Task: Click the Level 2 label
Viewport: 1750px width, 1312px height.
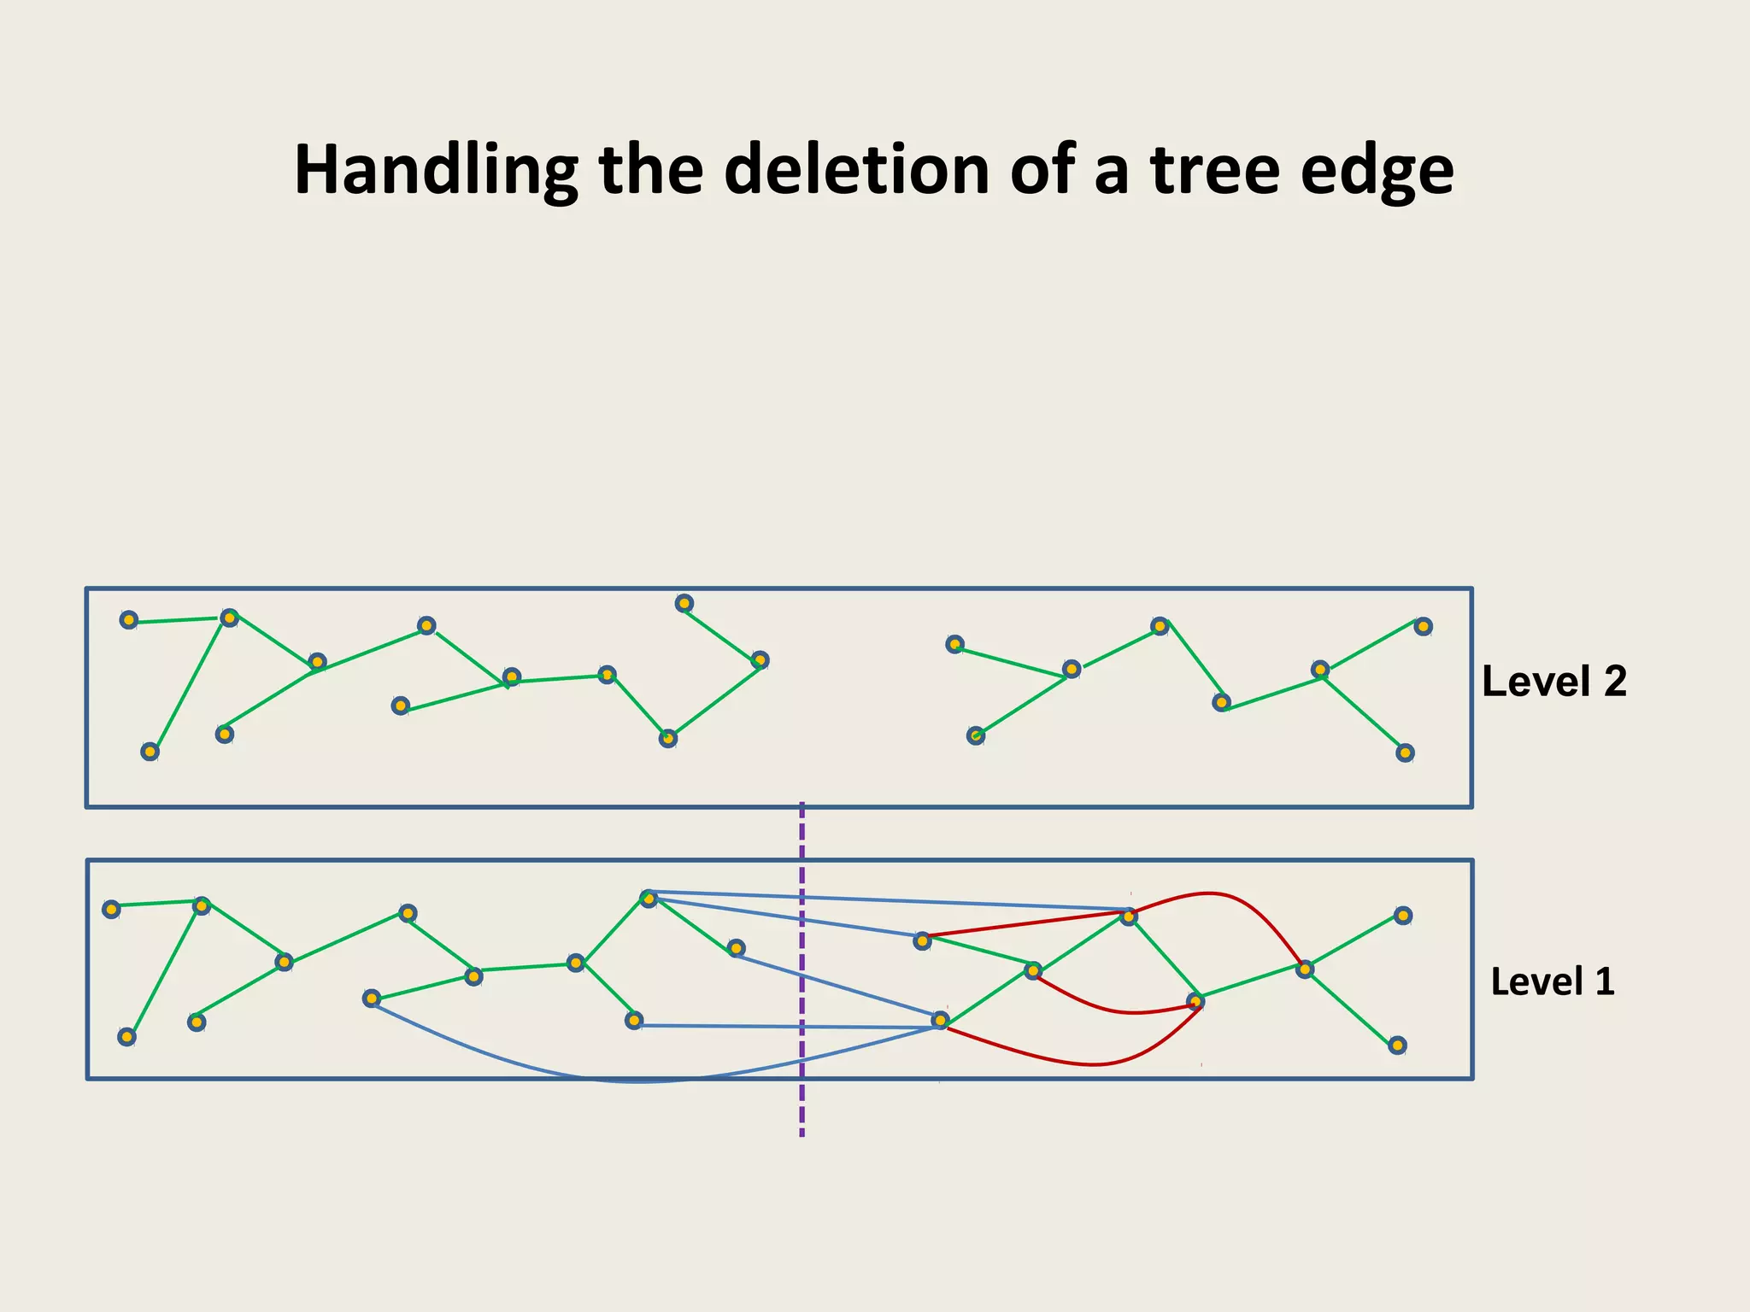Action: [x=1553, y=682]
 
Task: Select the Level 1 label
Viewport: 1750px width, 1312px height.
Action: [x=1552, y=982]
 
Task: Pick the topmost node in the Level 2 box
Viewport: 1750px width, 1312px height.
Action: [x=684, y=604]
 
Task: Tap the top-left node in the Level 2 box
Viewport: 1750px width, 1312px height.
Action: [x=128, y=620]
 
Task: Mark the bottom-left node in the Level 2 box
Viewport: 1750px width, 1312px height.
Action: [x=150, y=752]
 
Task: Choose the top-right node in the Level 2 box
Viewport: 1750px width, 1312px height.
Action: [x=1422, y=627]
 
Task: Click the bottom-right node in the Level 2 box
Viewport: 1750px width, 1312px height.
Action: [x=1405, y=753]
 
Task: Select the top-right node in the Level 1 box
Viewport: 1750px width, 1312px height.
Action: [x=1402, y=916]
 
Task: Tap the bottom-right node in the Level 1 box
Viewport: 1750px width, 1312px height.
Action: [x=1397, y=1045]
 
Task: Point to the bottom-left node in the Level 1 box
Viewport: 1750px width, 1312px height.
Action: [x=126, y=1037]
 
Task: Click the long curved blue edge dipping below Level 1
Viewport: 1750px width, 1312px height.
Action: [x=641, y=1082]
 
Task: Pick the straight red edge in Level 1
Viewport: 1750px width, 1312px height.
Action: [x=1025, y=925]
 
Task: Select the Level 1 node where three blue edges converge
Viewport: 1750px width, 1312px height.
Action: [x=940, y=1020]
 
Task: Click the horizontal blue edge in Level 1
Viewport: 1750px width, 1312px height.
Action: [x=786, y=1026]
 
